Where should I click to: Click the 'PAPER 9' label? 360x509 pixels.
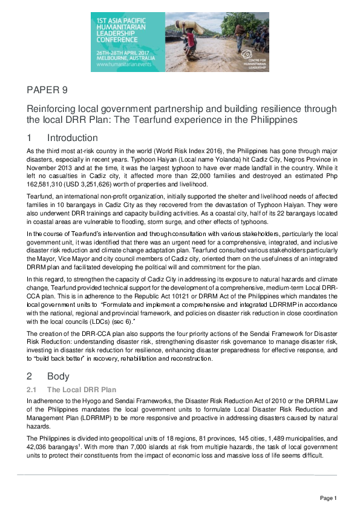(x=47, y=90)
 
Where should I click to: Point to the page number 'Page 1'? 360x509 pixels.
(x=328, y=498)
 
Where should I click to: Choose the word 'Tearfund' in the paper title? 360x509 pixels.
(x=159, y=119)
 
